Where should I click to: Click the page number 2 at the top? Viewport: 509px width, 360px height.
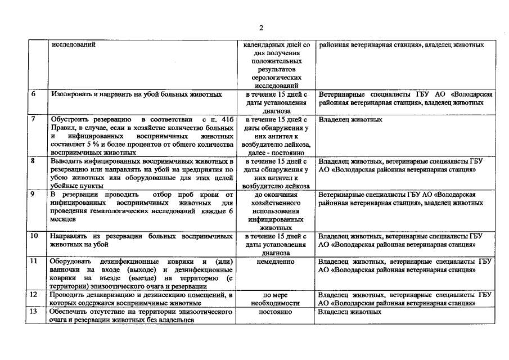[x=261, y=28]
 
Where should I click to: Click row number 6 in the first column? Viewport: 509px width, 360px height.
[x=33, y=94]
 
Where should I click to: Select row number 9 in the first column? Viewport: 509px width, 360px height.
[x=33, y=195]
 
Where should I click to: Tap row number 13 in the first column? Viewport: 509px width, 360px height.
[x=34, y=312]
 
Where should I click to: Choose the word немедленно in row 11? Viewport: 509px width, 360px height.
[x=275, y=262]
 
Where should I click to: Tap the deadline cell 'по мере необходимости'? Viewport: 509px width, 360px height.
[x=275, y=299]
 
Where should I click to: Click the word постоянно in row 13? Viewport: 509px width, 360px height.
[x=275, y=312]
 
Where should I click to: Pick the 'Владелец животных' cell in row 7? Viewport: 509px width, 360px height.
[x=350, y=120]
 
